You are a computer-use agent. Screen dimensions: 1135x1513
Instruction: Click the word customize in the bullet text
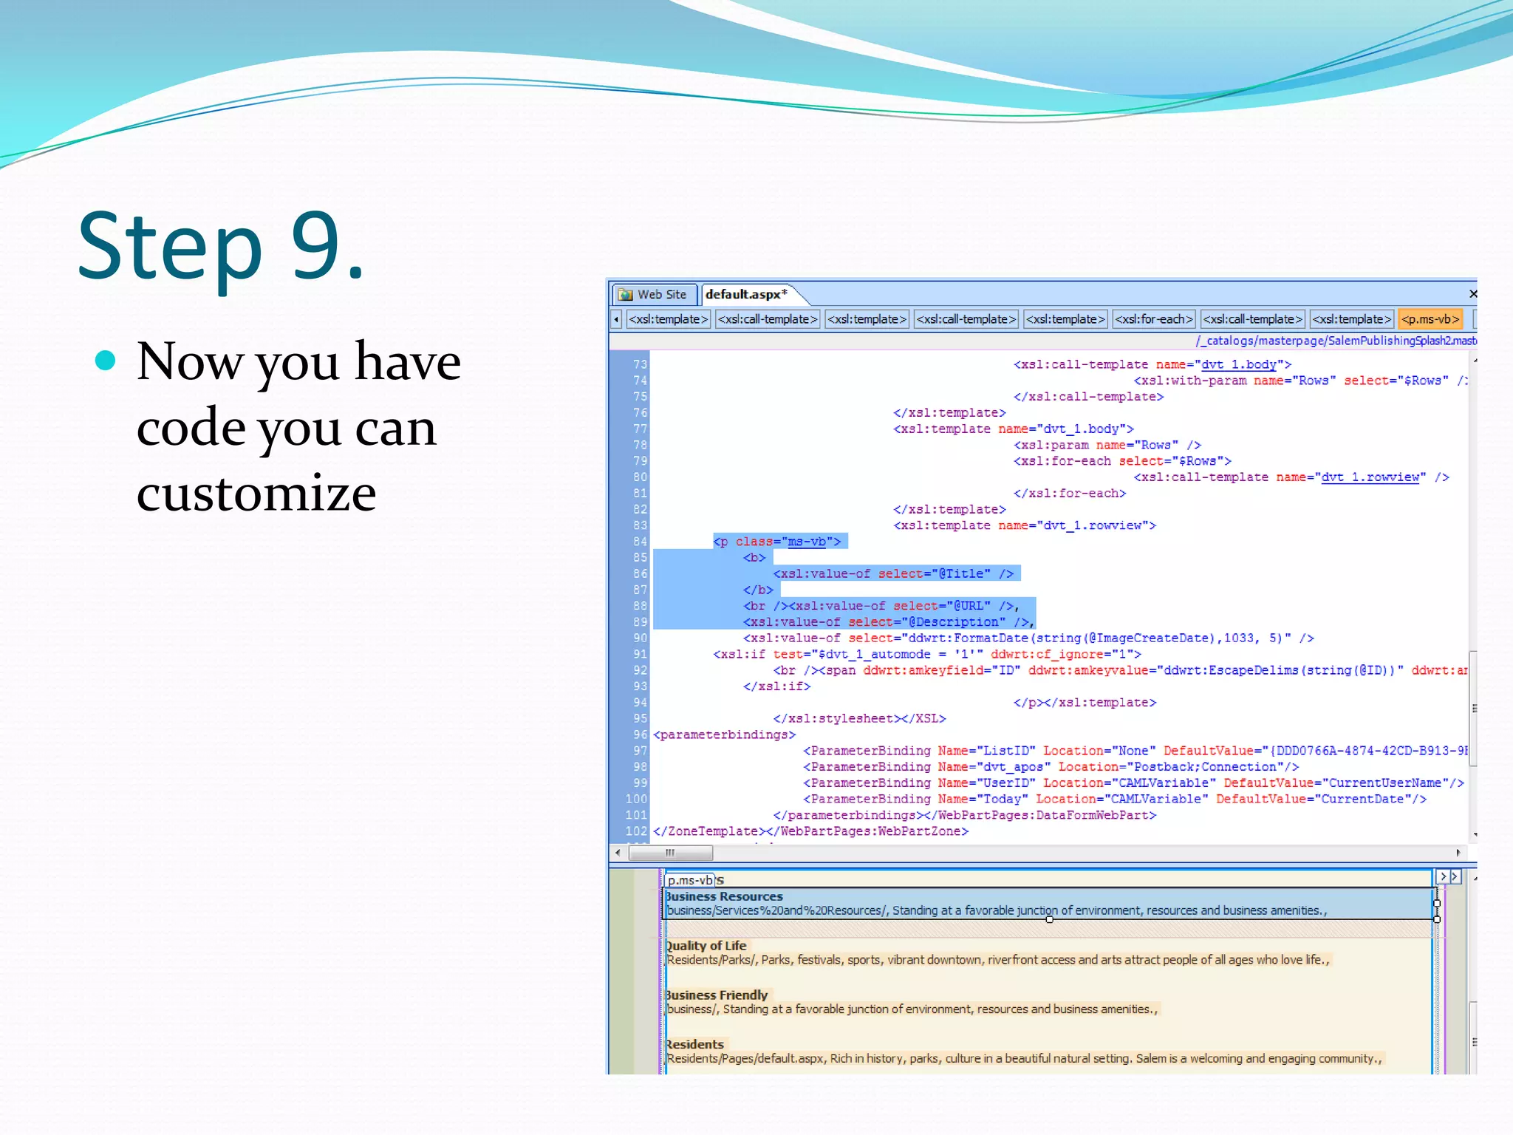click(256, 493)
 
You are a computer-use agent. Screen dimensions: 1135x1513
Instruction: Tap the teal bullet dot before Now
click(106, 361)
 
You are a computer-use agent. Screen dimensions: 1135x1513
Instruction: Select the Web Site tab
click(655, 294)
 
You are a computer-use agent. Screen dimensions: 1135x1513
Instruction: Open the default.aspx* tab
click(746, 294)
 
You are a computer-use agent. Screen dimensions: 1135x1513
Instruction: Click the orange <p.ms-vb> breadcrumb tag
click(1430, 319)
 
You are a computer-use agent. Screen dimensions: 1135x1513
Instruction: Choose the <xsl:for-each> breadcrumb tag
click(1153, 319)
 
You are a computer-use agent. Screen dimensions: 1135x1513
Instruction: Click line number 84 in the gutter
click(639, 542)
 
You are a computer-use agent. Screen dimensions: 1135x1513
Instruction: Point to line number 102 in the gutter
click(636, 831)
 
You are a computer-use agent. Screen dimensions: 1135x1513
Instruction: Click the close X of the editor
click(1472, 294)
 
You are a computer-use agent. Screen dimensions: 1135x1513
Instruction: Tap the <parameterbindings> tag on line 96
click(724, 734)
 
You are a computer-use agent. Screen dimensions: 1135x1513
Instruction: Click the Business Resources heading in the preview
click(724, 896)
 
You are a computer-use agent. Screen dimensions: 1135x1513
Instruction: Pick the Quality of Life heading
click(706, 946)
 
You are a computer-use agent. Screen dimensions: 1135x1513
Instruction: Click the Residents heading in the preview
click(694, 1045)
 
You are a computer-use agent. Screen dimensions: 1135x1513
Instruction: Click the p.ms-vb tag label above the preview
click(689, 880)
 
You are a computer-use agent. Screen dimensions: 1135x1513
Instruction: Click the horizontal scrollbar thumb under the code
click(670, 853)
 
